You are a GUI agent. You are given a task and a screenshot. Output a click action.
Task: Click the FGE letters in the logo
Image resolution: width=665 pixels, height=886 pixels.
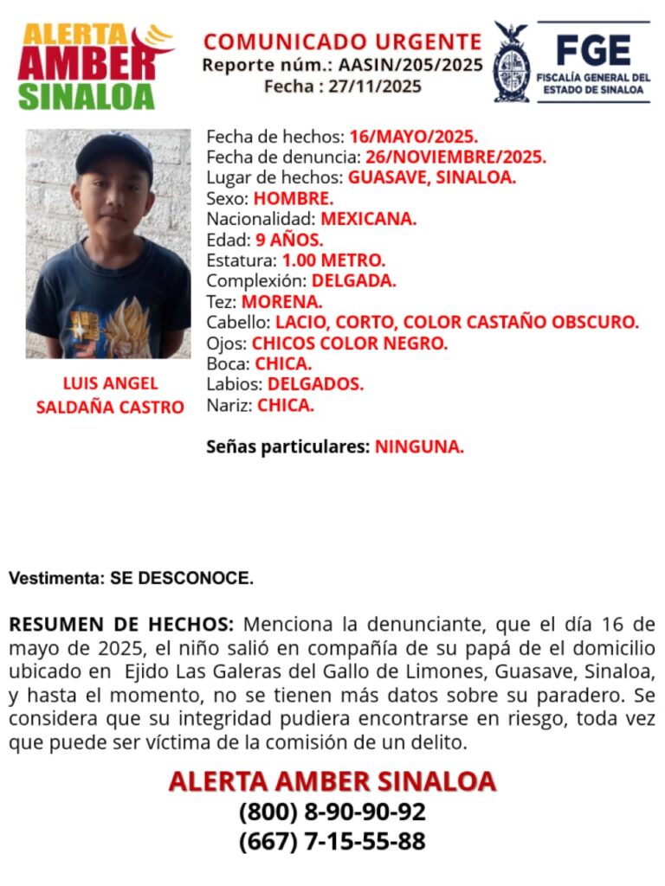592,50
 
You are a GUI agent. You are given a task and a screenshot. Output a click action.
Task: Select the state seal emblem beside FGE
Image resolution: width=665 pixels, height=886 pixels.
512,62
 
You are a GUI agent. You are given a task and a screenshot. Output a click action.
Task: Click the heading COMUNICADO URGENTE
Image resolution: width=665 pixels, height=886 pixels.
342,42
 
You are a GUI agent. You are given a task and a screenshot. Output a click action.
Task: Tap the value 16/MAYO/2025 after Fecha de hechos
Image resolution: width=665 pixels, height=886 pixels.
414,137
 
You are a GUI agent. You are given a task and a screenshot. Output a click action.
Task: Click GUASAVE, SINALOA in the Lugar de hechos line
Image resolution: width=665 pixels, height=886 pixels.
432,178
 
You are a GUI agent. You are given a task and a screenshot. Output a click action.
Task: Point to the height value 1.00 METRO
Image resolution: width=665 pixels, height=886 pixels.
333,260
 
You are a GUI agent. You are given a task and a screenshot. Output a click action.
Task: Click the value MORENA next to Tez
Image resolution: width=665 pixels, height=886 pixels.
281,302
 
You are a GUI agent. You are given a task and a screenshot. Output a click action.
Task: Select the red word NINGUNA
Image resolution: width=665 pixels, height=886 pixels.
419,447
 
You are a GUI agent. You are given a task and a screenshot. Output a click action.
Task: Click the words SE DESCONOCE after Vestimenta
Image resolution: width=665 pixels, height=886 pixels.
182,578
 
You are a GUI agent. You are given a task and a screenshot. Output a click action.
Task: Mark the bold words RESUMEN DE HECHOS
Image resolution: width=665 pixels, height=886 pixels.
121,625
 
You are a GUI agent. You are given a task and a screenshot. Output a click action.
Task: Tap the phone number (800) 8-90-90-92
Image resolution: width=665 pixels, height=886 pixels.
332,812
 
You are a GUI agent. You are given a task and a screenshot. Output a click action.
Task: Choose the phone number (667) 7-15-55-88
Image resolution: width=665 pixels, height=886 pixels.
332,841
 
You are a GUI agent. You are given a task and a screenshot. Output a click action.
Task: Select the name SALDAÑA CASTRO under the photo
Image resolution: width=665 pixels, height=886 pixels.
110,407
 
